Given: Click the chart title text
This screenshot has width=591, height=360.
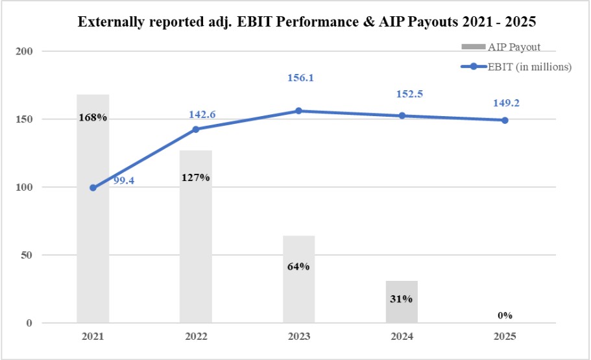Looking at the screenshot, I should [307, 22].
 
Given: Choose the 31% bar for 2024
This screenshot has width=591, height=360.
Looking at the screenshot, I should [402, 302].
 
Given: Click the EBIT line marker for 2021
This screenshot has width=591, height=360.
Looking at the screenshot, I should [93, 188].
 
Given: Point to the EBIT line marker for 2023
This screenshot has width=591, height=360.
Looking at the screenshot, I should [298, 111].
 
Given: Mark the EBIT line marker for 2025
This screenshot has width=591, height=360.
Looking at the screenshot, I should [505, 120].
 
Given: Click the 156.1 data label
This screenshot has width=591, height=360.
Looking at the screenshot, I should [300, 78].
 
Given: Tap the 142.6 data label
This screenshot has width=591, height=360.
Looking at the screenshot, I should [202, 115].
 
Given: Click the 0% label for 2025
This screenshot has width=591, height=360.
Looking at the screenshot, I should [505, 315].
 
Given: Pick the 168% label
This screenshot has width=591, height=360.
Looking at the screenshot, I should [93, 118].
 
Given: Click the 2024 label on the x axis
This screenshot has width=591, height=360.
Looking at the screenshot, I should [402, 337].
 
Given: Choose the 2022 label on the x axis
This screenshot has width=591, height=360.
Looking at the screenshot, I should [196, 337].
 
